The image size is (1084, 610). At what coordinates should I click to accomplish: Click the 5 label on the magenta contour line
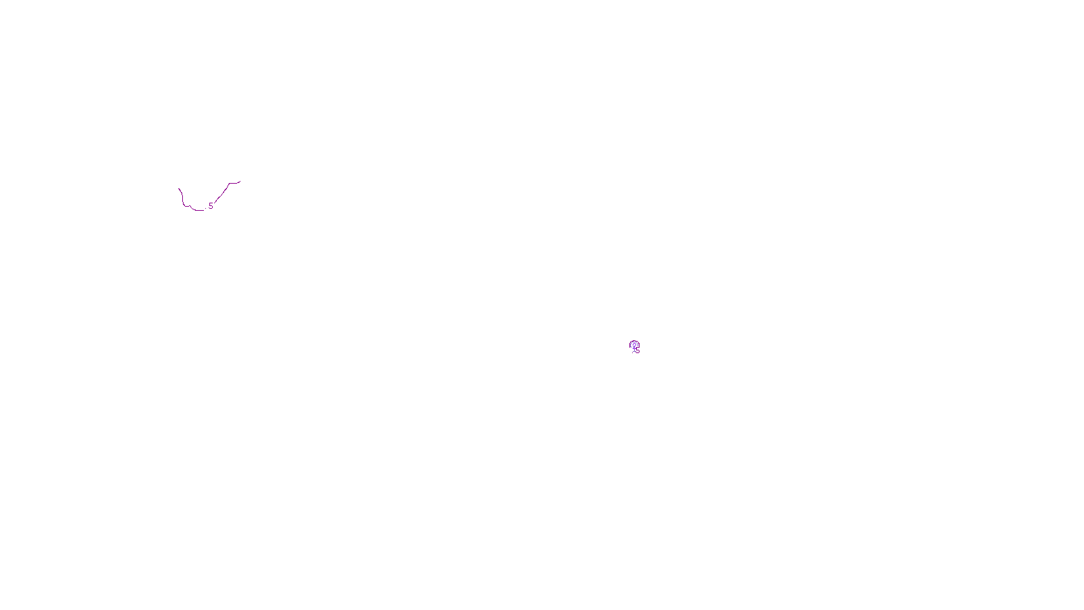coord(211,206)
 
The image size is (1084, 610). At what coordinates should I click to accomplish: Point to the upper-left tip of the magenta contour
coord(179,188)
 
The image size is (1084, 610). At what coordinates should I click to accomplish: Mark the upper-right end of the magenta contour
coord(239,182)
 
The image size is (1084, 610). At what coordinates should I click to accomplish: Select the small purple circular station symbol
coord(634,346)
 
